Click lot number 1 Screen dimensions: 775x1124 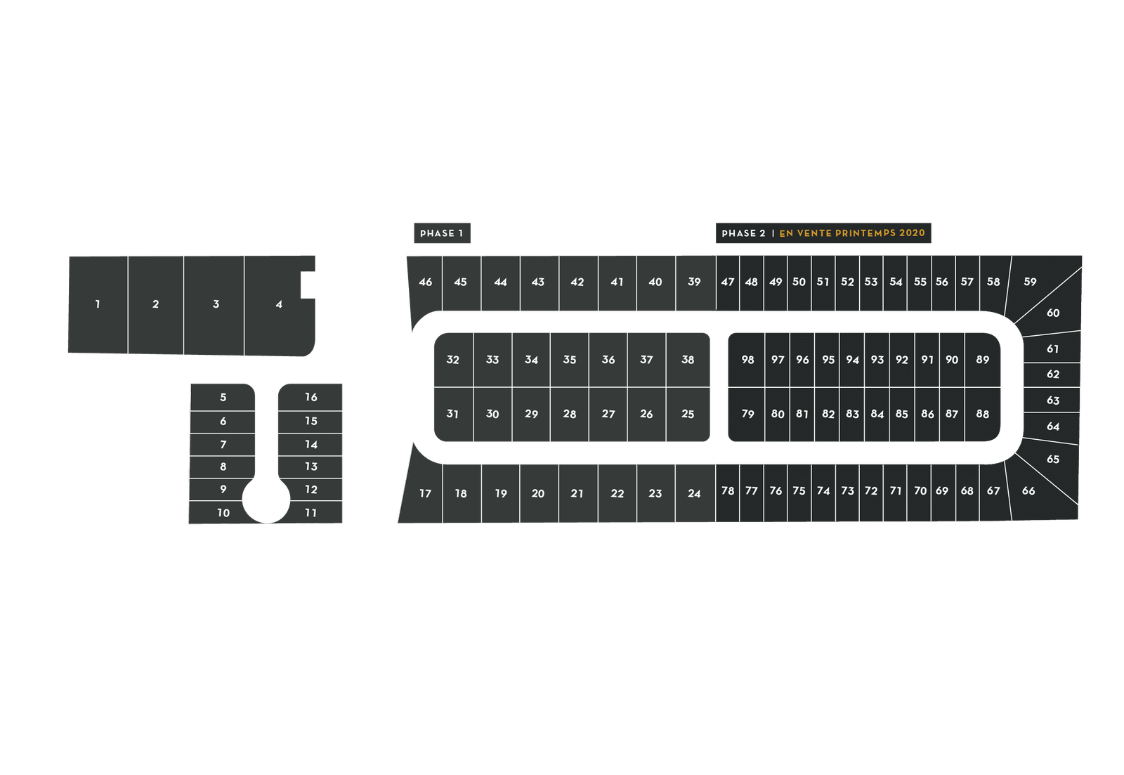click(98, 304)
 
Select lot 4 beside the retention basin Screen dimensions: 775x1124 click(279, 304)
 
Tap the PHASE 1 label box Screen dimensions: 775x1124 click(441, 233)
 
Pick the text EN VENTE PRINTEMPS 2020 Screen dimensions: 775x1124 click(852, 233)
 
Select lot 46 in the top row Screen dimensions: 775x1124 click(426, 282)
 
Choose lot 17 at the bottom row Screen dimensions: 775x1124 click(425, 493)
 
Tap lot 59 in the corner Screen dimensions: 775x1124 click(1030, 282)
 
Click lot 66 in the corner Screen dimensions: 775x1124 click(1028, 490)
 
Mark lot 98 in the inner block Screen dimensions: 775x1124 click(747, 360)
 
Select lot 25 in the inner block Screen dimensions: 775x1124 click(688, 414)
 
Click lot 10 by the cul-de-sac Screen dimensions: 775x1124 click(223, 513)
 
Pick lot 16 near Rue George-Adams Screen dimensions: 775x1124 click(311, 397)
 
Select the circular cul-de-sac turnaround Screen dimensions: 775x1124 click(266, 500)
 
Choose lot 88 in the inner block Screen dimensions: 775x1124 click(982, 414)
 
